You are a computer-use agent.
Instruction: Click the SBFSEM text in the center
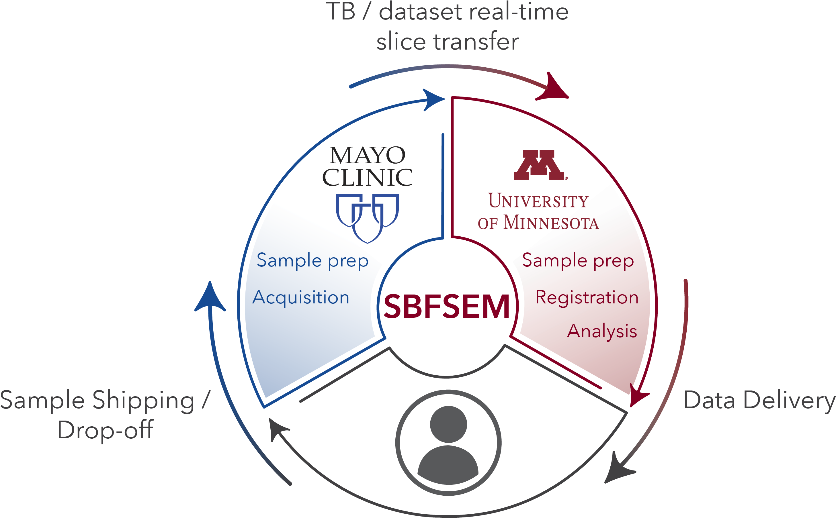(x=446, y=306)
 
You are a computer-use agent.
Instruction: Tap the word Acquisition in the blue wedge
(x=301, y=297)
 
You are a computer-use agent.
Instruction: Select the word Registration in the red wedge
(x=587, y=297)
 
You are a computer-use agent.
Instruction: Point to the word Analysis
(x=602, y=331)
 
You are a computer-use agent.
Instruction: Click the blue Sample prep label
(x=312, y=261)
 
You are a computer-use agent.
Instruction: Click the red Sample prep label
(x=578, y=261)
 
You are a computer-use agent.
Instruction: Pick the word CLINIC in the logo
(x=367, y=177)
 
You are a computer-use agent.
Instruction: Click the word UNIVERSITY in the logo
(x=538, y=201)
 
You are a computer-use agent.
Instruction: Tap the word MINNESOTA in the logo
(x=551, y=223)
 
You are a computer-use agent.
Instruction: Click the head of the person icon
(x=448, y=424)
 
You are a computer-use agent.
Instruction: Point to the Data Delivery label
(x=759, y=400)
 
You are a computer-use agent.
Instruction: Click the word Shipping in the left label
(x=143, y=400)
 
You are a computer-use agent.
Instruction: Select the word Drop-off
(x=105, y=430)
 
